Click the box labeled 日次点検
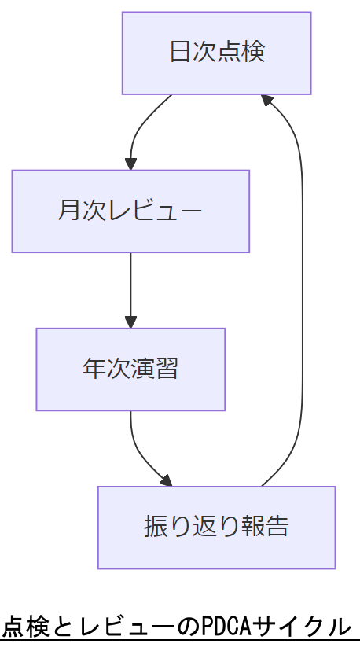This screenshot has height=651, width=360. [216, 53]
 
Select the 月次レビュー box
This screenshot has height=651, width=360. [130, 211]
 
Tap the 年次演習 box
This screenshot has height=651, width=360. [130, 369]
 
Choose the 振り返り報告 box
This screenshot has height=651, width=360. [216, 527]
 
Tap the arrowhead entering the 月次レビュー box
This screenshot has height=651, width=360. [130, 164]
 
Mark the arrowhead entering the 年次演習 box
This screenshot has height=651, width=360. [130, 322]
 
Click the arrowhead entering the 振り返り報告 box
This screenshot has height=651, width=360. [165, 480]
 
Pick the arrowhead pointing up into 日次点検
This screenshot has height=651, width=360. [267, 101]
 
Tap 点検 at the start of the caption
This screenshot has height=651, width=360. [25, 627]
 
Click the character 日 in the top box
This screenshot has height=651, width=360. [180, 53]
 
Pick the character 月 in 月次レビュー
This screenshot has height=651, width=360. [69, 211]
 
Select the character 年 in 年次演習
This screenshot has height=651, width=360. [94, 369]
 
